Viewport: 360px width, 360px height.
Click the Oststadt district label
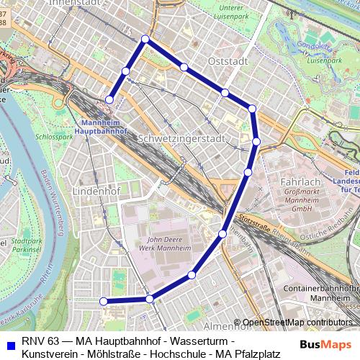tap(227, 61)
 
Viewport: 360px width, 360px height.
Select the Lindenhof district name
tap(96, 192)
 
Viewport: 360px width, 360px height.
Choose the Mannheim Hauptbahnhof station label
tap(100, 127)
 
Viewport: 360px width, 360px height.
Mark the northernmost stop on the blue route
tap(145, 39)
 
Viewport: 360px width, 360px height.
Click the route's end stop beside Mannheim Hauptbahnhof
tap(109, 99)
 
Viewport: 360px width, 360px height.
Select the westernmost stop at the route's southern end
tap(104, 301)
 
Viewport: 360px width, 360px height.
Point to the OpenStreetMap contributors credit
tap(297, 322)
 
